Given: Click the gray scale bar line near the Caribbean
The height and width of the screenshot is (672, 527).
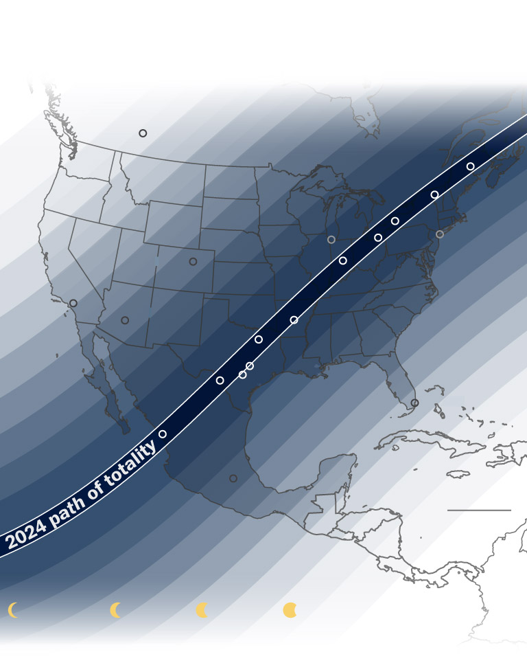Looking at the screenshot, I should [479, 511].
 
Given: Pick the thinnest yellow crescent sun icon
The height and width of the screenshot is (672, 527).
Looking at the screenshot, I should [13, 610].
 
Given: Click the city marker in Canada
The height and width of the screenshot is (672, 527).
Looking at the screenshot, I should [143, 133].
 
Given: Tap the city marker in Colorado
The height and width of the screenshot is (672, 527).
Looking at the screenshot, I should [193, 262].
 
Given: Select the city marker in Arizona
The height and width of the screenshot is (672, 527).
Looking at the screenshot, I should [125, 320].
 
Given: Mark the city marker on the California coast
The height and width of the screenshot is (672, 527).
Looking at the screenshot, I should [73, 303].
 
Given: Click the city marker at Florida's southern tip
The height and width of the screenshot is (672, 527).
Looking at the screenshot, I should [414, 403].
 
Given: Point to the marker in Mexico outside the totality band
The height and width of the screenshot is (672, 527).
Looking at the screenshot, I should [233, 478].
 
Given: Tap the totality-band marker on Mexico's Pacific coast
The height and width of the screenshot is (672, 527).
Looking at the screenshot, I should [163, 434].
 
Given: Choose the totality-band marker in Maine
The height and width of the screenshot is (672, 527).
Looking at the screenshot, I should [471, 166].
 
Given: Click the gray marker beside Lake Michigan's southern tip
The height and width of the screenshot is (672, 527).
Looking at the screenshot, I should [331, 240].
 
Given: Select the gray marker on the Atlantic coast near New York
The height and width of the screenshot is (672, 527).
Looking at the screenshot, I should [440, 234].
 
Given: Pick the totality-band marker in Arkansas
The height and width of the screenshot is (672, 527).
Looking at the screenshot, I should [294, 320].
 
